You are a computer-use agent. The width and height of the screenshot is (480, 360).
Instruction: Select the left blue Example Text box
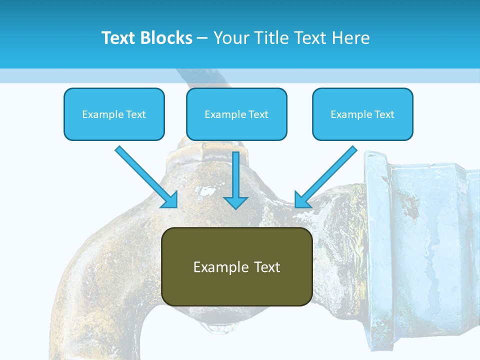(114, 114)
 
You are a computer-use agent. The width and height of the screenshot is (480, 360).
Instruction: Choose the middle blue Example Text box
(236, 114)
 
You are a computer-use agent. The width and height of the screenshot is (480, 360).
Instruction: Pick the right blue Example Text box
(362, 114)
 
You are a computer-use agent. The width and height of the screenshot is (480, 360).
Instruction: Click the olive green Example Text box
(237, 266)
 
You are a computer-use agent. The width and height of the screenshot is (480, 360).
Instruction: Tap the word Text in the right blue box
(384, 114)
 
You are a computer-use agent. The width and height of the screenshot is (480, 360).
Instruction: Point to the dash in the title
(202, 38)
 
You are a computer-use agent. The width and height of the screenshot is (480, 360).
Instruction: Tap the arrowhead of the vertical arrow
(235, 202)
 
